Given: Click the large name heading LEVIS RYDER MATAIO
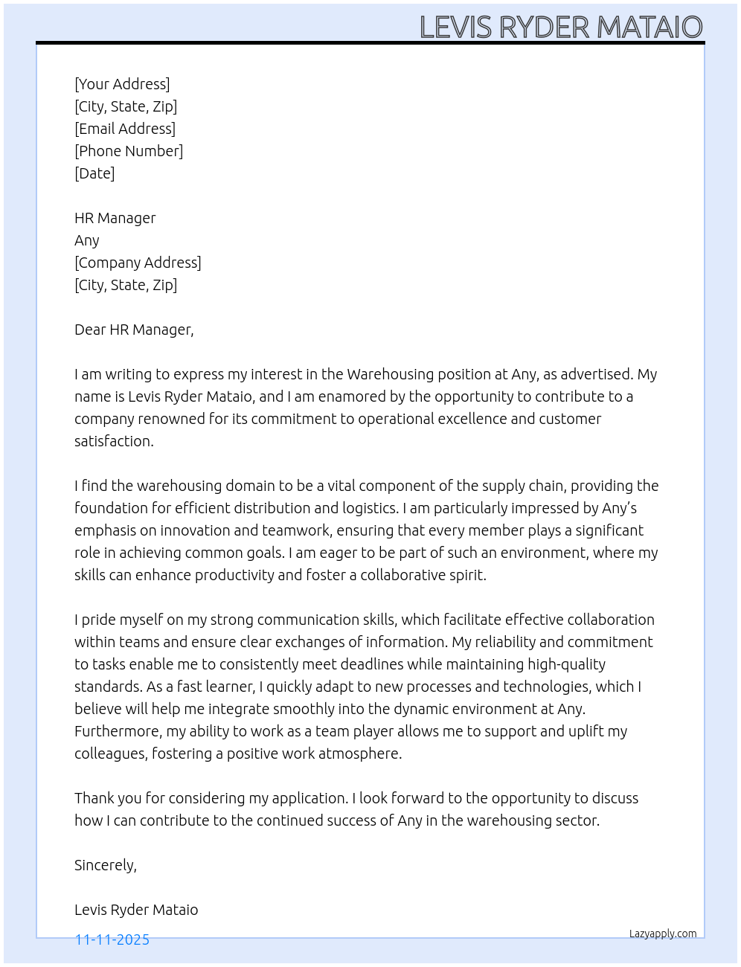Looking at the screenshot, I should (561, 27).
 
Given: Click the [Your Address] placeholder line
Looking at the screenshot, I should (122, 84).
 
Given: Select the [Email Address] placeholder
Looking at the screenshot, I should (125, 129).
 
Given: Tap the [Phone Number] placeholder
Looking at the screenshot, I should (129, 151).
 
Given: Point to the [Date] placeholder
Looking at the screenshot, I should (94, 173).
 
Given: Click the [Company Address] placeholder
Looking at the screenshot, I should (138, 263).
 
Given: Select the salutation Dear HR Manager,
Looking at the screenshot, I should (134, 330).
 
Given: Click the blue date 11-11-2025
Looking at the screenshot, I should (112, 939).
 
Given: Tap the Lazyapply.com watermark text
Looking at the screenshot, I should (663, 934).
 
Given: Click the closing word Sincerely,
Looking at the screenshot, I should (106, 865).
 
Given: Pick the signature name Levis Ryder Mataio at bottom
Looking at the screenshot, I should (136, 910).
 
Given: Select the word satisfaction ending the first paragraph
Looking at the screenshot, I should (113, 441).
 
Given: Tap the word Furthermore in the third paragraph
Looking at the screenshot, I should (118, 731).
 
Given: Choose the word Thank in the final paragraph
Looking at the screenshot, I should (94, 798).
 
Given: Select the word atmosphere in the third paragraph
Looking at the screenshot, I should (359, 754).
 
